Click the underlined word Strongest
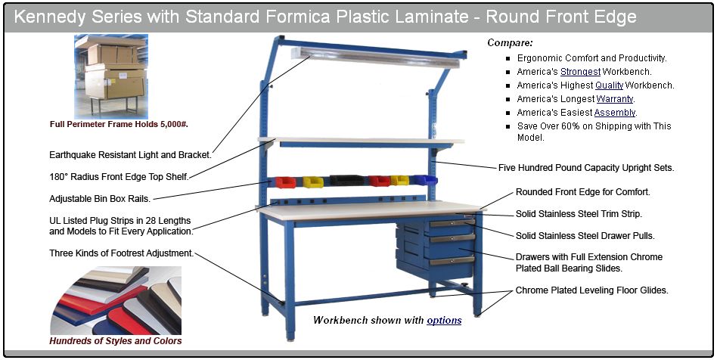click(580, 72)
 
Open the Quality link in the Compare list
click(609, 85)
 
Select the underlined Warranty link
click(615, 99)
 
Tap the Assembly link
click(615, 113)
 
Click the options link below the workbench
click(444, 320)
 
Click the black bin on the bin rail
click(346, 180)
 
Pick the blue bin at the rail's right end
click(424, 180)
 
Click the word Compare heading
click(510, 42)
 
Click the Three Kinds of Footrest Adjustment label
click(122, 253)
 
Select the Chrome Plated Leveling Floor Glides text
click(591, 290)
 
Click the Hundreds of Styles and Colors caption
click(116, 341)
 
